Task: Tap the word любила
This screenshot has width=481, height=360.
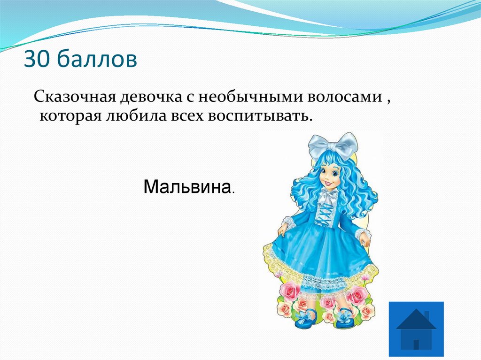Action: click(126, 115)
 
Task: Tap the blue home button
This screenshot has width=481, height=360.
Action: click(416, 329)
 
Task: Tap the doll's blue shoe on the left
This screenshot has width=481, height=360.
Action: click(305, 320)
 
